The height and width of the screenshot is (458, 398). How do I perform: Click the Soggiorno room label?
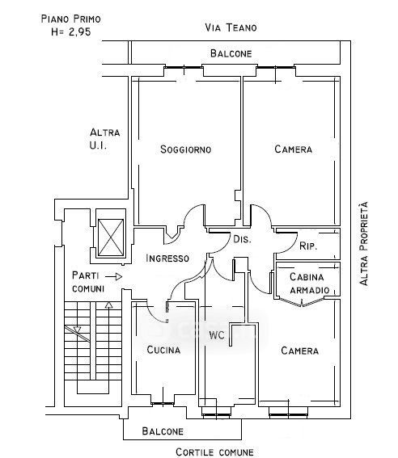(x=186, y=149)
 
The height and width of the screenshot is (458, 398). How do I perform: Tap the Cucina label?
(x=163, y=350)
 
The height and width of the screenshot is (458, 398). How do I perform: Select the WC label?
(x=217, y=334)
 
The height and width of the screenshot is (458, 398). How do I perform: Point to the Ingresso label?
(x=167, y=258)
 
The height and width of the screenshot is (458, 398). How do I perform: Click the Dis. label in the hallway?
(x=242, y=239)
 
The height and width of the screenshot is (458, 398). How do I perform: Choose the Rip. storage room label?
(x=308, y=246)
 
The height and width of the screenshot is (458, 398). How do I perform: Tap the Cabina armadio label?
(x=309, y=284)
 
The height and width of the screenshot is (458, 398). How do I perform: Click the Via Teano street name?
(x=231, y=27)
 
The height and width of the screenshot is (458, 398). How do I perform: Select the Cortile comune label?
(x=214, y=452)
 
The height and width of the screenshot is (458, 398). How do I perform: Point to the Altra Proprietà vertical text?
(x=363, y=243)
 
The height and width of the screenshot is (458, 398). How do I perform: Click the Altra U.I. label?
(x=104, y=139)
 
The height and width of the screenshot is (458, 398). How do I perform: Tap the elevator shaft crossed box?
(x=111, y=237)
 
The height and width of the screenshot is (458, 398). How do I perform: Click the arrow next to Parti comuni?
(x=114, y=276)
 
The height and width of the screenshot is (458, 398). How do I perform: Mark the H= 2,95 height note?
(x=71, y=32)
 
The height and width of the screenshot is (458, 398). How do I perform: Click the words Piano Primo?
(x=71, y=19)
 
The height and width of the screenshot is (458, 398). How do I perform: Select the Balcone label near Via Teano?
(x=231, y=53)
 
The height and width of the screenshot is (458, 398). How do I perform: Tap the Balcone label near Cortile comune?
(x=163, y=431)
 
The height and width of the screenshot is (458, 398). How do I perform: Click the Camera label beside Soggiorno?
(x=294, y=149)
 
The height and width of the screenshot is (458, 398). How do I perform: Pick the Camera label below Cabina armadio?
(x=300, y=351)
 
